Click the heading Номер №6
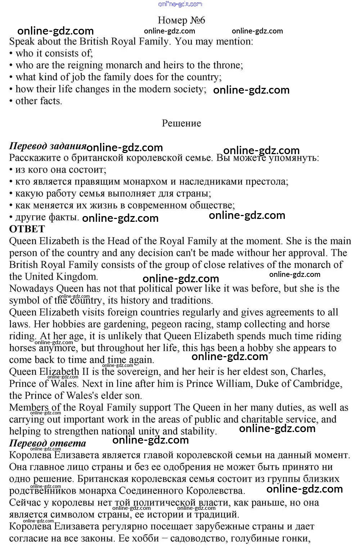[x=181, y=20]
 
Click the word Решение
[x=181, y=123]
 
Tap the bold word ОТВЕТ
[x=27, y=229]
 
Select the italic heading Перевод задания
[x=48, y=146]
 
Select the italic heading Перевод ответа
[x=48, y=443]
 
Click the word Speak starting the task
[x=22, y=41]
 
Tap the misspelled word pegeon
[x=168, y=324]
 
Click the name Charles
[x=308, y=372]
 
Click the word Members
[x=29, y=407]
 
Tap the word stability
[x=197, y=431]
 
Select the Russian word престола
[x=267, y=181]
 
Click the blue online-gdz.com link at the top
[x=180, y=4]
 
